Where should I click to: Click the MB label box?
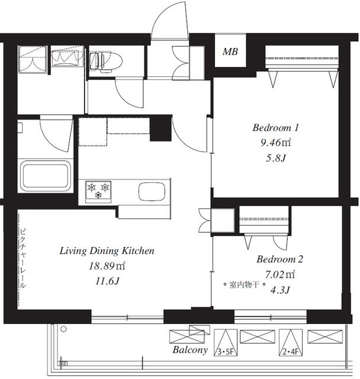click(230, 52)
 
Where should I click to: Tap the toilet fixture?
click(105, 62)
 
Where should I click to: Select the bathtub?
click(46, 175)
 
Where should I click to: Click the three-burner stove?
click(98, 192)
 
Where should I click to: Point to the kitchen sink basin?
click(152, 191)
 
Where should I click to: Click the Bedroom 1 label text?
click(276, 128)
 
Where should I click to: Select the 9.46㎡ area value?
click(275, 143)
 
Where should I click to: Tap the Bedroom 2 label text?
click(280, 259)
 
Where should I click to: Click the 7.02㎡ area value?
click(280, 274)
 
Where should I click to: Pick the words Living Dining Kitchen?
click(107, 250)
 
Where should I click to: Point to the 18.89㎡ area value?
click(107, 266)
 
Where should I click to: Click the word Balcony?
click(190, 350)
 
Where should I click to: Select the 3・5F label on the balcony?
click(225, 352)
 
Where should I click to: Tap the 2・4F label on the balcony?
click(291, 352)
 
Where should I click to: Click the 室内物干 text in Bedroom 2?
click(245, 285)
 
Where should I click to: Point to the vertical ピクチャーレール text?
click(22, 258)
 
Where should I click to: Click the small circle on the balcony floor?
click(63, 329)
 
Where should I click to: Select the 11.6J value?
click(107, 281)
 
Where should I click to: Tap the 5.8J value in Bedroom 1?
click(276, 158)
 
